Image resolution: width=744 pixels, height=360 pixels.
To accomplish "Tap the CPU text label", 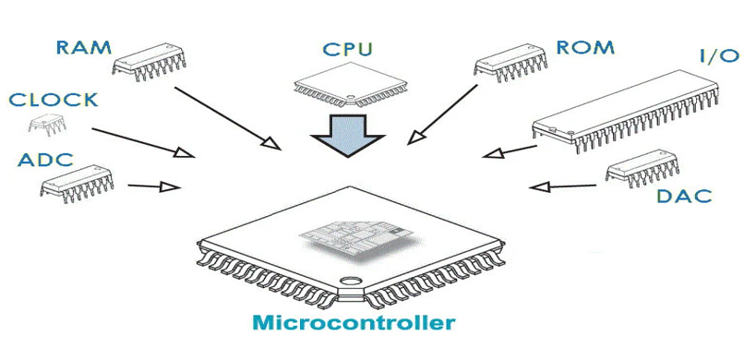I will pyautogui.click(x=348, y=49).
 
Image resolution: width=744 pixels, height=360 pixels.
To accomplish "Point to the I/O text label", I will pyautogui.click(x=716, y=56).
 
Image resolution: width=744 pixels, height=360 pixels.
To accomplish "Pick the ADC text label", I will pyautogui.click(x=44, y=160).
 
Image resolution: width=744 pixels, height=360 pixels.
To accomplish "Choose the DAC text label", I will pyautogui.click(x=684, y=196).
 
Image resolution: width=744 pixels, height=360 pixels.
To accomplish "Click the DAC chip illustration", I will pyautogui.click(x=643, y=172).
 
